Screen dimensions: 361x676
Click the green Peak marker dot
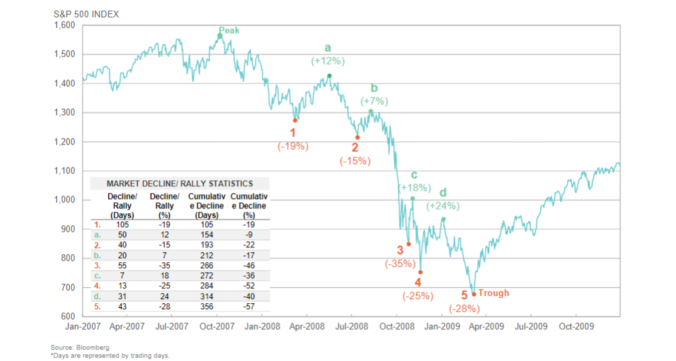click(220, 36)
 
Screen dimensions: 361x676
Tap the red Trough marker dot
click(474, 294)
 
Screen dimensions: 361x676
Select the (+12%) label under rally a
click(327, 61)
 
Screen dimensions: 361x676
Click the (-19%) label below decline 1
click(293, 146)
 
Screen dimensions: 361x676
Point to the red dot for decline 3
click(409, 244)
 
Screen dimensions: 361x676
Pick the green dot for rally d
click(443, 219)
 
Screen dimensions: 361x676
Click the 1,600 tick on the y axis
click(65, 26)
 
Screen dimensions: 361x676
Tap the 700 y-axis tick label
click(69, 287)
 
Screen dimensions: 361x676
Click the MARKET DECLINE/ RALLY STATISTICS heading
click(179, 183)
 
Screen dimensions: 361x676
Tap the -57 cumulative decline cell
click(249, 306)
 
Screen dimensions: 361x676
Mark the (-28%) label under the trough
click(464, 309)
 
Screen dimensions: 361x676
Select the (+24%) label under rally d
click(443, 206)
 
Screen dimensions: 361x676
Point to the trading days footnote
click(110, 355)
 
